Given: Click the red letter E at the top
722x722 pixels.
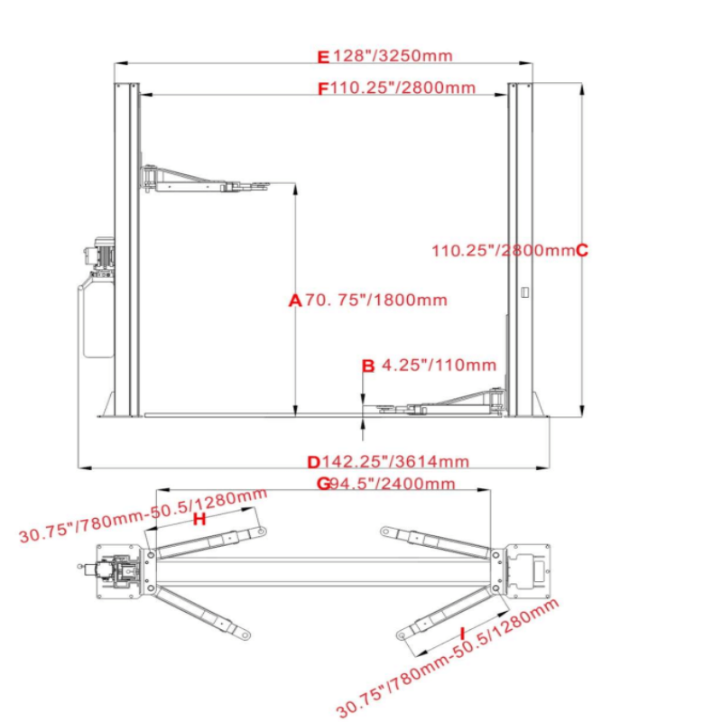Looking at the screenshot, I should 324,56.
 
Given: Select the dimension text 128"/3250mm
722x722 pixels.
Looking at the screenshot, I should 392,56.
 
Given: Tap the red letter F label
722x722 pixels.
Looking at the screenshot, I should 324,88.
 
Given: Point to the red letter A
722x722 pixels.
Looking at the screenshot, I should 293,301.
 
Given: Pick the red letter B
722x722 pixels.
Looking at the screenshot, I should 367,366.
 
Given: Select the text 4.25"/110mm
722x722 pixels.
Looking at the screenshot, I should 440,366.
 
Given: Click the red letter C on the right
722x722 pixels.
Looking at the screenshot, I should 581,250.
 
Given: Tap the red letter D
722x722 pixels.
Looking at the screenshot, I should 313,462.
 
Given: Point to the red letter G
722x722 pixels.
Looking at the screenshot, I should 322,484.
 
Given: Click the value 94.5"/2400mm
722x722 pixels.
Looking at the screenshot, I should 392,484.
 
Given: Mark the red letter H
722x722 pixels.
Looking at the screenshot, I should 199,520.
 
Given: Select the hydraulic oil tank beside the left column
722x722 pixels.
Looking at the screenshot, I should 95,316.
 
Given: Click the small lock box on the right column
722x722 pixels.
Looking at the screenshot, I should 523,292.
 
